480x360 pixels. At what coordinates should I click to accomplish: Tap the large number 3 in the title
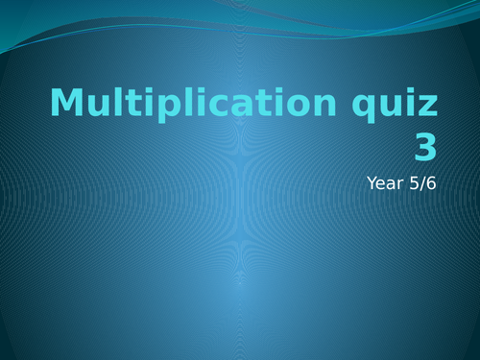(425, 147)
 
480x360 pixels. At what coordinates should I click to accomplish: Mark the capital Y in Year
(372, 182)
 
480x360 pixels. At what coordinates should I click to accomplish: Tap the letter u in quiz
(391, 105)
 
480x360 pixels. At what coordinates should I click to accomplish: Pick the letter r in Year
(401, 183)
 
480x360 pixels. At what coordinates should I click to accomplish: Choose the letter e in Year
(382, 183)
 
